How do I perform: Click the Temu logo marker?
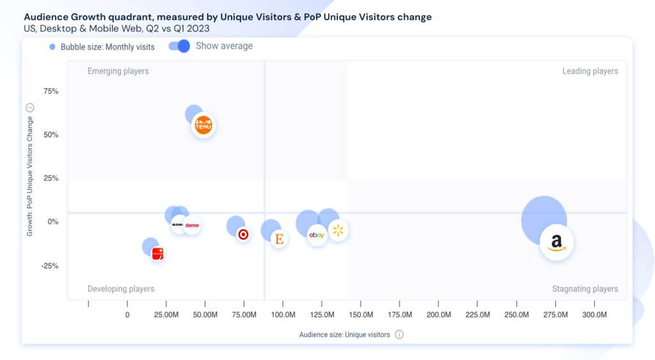coord(203,125)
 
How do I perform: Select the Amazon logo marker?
coord(556,243)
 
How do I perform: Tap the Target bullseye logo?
coord(243,235)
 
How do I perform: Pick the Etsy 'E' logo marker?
coord(279,239)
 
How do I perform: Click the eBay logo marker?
coord(317,235)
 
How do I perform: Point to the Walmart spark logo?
coord(338,231)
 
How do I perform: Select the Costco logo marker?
coord(192,225)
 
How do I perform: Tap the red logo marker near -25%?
coord(157,254)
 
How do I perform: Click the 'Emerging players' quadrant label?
coord(118,71)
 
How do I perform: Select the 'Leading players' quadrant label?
coord(590,71)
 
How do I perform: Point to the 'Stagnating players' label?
coord(585,289)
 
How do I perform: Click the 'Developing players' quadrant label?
coord(120,289)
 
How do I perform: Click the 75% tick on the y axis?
coord(51,91)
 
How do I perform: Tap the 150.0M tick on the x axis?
coord(361,315)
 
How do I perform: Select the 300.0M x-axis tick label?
coord(594,315)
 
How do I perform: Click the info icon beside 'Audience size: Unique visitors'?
coord(399,334)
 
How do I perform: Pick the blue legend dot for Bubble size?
coord(52,47)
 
